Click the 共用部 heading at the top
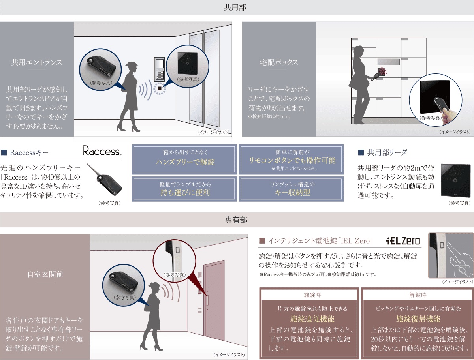click(235, 7)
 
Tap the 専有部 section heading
click(236, 220)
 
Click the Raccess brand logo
click(102, 151)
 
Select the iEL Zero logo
click(403, 241)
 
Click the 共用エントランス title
click(37, 62)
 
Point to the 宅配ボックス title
click(279, 62)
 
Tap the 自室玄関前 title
click(45, 274)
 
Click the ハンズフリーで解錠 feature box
click(184, 159)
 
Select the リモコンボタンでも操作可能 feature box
click(291, 159)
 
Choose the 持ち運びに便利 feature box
click(184, 189)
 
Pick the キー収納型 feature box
click(291, 189)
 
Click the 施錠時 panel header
click(312, 295)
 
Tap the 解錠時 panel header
click(418, 295)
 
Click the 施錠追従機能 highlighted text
click(312, 319)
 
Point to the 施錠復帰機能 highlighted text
click(418, 319)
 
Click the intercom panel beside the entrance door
click(159, 69)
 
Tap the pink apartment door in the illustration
click(214, 300)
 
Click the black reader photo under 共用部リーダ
click(455, 180)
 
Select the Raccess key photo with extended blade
click(104, 180)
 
